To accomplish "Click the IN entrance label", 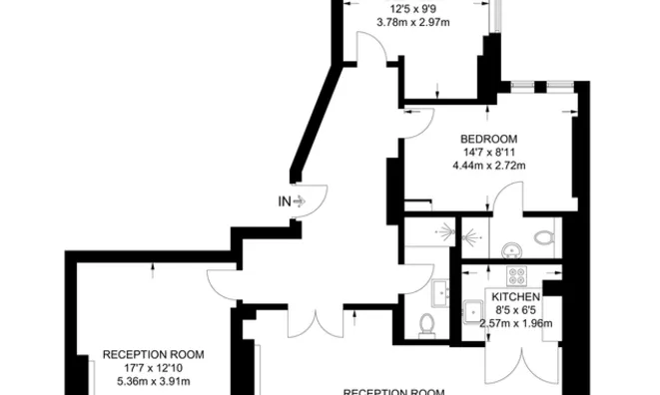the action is coord(285,201).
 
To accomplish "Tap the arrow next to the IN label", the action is coord(299,201).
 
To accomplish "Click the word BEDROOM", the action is coord(488,140).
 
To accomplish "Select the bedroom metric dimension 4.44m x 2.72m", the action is coord(488,166).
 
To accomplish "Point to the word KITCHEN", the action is coord(515,297).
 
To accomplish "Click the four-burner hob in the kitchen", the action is coord(517,276).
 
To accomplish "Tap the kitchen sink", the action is coord(473,311).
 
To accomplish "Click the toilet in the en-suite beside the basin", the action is coord(544,236).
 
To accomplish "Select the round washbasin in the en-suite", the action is coord(512,250).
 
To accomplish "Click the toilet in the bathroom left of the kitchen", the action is coord(426,325).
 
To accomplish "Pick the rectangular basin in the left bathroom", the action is coord(440,293).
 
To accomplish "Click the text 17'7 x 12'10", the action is coord(153,368).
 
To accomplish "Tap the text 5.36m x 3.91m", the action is coord(153,382).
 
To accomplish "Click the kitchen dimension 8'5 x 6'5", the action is coord(515,310).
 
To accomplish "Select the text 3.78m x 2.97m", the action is coord(413,22).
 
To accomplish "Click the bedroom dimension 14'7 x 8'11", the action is coord(488,153).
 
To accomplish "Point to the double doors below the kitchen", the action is coord(522,365).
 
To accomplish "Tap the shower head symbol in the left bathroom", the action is coord(446,231).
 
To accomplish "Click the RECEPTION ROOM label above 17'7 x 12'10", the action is coord(153,355).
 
